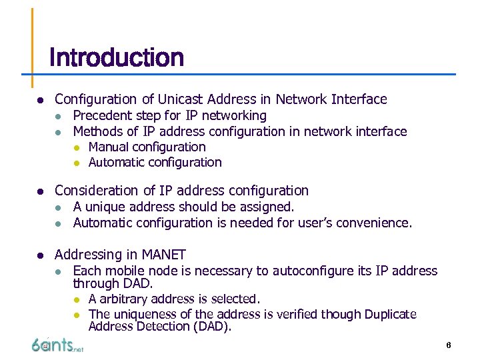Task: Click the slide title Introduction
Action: (x=117, y=58)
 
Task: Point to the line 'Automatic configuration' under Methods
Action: (x=155, y=162)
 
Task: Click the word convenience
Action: (x=377, y=223)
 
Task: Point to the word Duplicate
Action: (x=386, y=314)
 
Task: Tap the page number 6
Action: (x=449, y=345)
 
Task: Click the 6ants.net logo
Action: (x=57, y=345)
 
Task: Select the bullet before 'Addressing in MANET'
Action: (x=40, y=255)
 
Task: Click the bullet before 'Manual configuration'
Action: (x=77, y=147)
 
